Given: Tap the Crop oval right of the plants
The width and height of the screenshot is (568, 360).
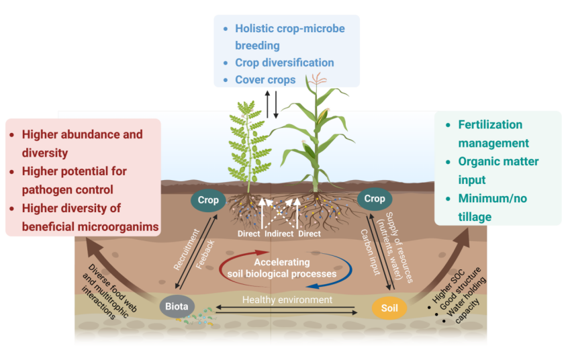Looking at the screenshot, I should [375, 199].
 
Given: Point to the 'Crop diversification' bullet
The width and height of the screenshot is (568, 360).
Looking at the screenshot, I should [284, 62].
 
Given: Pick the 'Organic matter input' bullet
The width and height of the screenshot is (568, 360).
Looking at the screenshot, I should [498, 171].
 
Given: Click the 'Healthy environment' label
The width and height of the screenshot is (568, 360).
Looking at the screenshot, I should [287, 300].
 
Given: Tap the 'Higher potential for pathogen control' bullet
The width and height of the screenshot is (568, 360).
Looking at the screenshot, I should [74, 180].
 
